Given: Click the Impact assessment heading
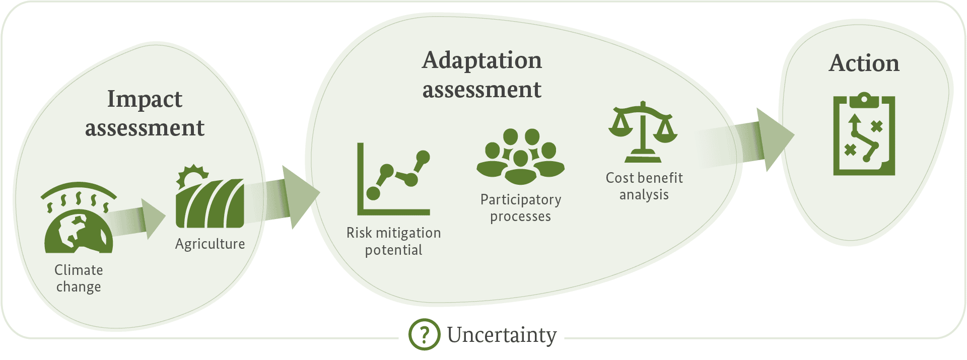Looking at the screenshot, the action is point(145,113).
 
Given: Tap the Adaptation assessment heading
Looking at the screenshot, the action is point(482,75).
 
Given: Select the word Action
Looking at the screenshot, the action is point(864,63).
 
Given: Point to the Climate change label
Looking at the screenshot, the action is point(79,278).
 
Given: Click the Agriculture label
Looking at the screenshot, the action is point(210,244).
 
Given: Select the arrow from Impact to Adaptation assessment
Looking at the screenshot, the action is point(282,198).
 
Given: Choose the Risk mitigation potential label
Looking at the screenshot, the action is point(394,241).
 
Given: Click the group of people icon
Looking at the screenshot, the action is point(521,157).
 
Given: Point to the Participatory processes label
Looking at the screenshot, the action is point(521,208).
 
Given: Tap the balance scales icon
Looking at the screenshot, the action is point(643,132).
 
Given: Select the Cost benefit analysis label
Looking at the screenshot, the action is point(644,186).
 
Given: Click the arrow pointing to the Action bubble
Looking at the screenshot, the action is point(744,140).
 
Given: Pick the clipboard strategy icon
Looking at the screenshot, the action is point(864,134).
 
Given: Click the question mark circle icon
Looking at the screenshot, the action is point(425,334).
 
